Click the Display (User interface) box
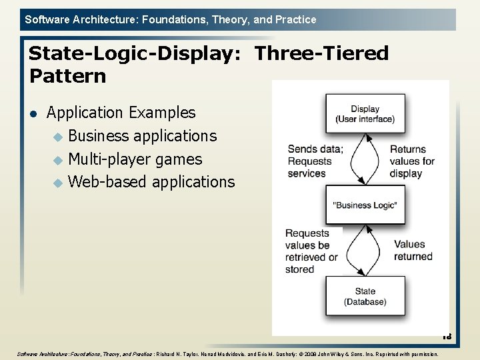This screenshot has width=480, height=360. click(x=365, y=113)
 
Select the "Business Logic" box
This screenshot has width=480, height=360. click(x=365, y=205)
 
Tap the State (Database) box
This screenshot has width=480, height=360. click(x=365, y=296)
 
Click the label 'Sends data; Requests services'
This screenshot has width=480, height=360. click(x=315, y=161)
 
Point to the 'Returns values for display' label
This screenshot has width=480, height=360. click(x=412, y=161)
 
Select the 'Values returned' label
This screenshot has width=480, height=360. click(x=413, y=251)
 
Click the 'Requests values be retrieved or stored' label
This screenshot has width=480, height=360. click(x=312, y=251)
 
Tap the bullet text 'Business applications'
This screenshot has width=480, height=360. click(x=143, y=136)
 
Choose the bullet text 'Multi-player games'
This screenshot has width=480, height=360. click(x=135, y=159)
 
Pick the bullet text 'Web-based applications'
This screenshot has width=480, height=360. click(x=151, y=181)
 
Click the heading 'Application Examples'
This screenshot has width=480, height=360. click(x=121, y=113)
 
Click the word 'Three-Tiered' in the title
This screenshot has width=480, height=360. click(x=321, y=53)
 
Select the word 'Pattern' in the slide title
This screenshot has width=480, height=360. click(x=67, y=76)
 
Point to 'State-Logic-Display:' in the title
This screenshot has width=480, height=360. click(x=136, y=53)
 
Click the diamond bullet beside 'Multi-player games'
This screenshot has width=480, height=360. click(x=58, y=160)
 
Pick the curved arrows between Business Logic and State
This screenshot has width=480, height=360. click(x=365, y=251)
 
